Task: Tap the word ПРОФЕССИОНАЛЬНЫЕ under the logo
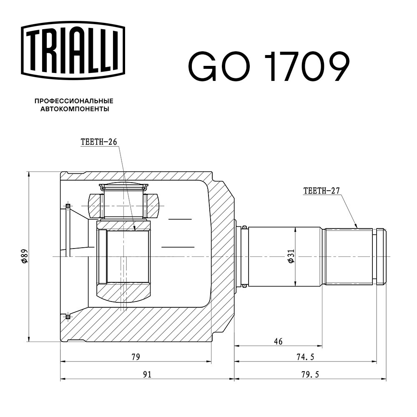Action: pos(74,101)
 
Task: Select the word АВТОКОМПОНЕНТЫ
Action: pos(75,109)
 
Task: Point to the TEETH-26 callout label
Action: pos(98,142)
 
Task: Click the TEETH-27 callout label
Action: pos(322,191)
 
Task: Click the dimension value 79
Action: pos(136,357)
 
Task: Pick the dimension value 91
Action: pos(147,374)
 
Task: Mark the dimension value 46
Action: pos(278,342)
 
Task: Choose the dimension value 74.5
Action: pos(306,357)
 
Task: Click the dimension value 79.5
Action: pos(310,374)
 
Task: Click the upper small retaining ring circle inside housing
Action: pos(68,205)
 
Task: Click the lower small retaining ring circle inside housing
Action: pos(68,317)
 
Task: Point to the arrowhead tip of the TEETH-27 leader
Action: pos(357,227)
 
